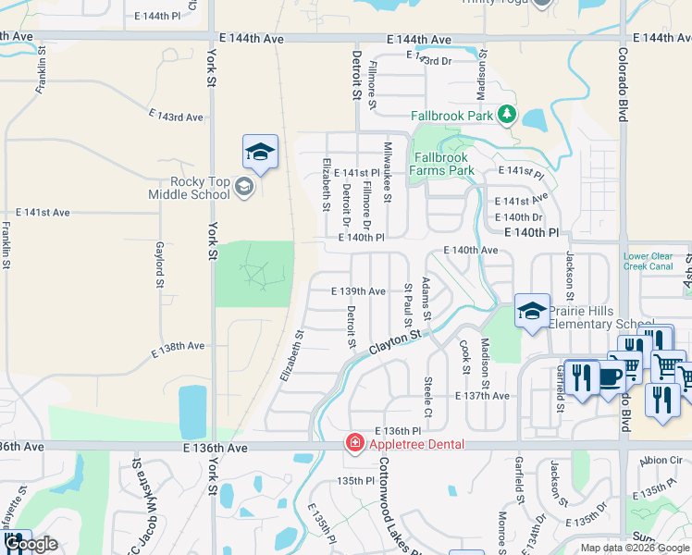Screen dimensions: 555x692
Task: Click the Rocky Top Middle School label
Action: (x=189, y=188)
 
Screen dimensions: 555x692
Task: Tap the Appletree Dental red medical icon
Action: (x=353, y=444)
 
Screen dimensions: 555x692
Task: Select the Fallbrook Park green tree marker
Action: (x=506, y=115)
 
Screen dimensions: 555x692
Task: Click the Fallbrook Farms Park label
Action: (x=443, y=164)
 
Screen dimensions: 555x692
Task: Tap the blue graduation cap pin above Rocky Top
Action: (x=260, y=153)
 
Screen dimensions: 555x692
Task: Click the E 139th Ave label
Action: (x=359, y=290)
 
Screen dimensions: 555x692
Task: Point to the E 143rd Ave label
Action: (x=176, y=117)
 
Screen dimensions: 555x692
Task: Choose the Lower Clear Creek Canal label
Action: (x=648, y=262)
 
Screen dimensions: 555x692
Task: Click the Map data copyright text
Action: (x=635, y=548)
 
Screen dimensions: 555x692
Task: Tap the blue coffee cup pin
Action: (x=607, y=376)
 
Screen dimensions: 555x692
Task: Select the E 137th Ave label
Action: (x=482, y=396)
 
